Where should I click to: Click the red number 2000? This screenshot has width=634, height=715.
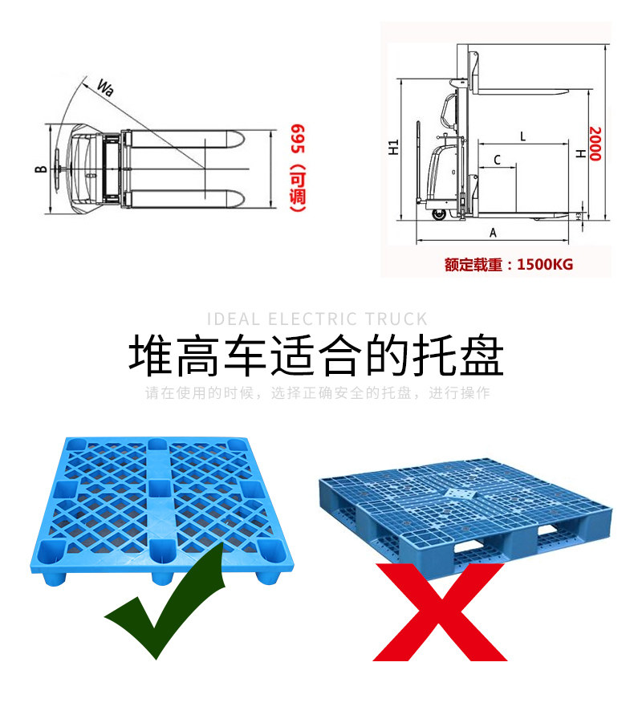point(595,144)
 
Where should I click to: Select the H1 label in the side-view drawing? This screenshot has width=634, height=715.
point(393,147)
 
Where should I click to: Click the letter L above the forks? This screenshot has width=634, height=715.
point(522,136)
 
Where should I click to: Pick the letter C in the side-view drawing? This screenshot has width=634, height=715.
point(497,160)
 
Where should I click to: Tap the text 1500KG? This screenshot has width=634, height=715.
point(546,264)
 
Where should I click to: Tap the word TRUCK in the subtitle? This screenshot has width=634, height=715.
point(396,319)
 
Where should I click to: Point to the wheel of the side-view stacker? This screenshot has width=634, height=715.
point(439,214)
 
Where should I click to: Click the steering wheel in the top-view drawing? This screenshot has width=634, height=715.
point(59,169)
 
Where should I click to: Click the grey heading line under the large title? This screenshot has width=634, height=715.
point(317,393)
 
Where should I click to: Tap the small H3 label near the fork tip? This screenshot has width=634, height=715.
point(581,215)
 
